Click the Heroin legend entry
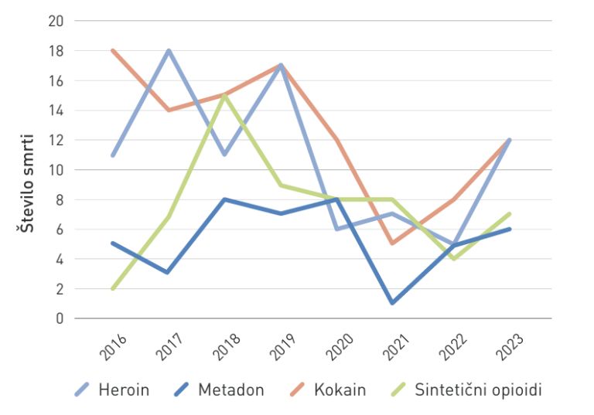pos(112,389)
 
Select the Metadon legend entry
pos(219,389)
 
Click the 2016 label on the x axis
pos(114,347)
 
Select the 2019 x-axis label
pos(282,347)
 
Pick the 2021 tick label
pos(394,347)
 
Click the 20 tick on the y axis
pos(56,21)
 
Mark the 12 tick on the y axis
pos(56,140)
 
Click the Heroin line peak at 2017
pos(169,51)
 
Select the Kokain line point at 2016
pos(113,51)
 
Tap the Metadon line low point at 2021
pos(393,303)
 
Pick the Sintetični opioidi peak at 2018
pos(224,95)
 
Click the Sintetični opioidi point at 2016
pos(113,288)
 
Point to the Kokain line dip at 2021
pos(393,243)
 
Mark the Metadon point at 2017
pos(169,273)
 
